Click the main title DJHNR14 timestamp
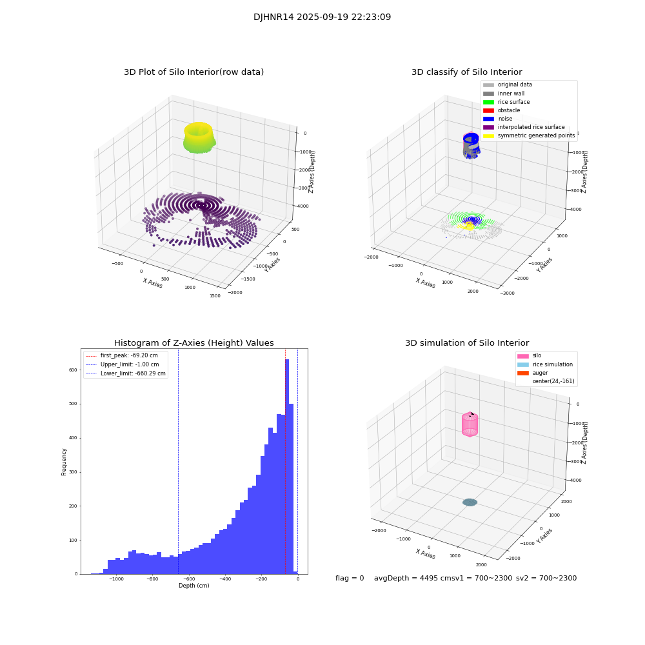point(322,17)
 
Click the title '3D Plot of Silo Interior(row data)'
point(193,72)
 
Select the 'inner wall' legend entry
point(511,94)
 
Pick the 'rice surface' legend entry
point(513,102)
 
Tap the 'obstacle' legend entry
point(508,110)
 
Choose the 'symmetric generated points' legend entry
point(535,135)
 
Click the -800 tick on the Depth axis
point(152,579)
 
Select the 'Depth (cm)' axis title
point(193,586)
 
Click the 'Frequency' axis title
point(64,461)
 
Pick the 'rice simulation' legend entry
point(552,364)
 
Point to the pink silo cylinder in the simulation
point(470,425)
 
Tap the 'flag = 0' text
point(350,578)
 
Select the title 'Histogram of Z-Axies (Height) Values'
point(193,343)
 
